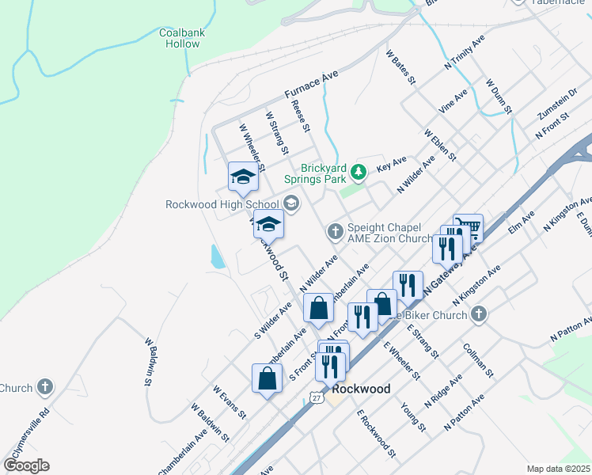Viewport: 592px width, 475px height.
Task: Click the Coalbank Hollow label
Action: tap(183, 38)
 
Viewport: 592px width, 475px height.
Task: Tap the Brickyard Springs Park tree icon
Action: tap(359, 170)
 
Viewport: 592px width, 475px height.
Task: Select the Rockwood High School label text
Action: tap(222, 204)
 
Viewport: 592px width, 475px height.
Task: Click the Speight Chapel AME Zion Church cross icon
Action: tap(335, 231)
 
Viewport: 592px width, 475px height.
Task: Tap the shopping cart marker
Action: tap(469, 227)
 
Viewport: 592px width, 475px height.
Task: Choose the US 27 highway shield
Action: tap(316, 394)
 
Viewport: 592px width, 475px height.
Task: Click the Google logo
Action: tap(26, 465)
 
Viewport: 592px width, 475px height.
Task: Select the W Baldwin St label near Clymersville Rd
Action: tap(149, 361)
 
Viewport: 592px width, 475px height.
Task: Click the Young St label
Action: tap(413, 416)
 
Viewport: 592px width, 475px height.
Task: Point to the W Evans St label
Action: tap(230, 401)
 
